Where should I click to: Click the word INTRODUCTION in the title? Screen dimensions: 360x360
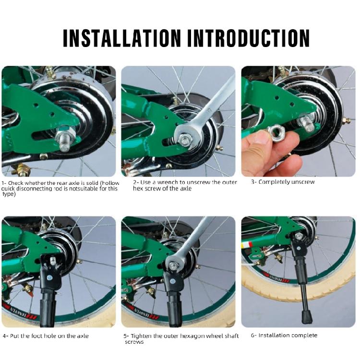249,38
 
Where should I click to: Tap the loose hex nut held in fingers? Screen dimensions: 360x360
276,132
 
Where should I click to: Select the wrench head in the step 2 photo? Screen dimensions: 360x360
185,138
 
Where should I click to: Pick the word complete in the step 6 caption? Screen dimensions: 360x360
305,336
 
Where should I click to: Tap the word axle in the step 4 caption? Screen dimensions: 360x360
83,336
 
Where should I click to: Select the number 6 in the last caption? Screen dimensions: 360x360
252,336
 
